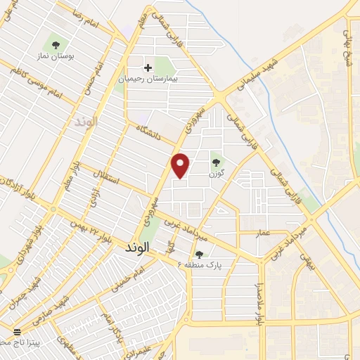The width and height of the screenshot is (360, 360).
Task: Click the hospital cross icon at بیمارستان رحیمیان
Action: pyautogui.click(x=148, y=67)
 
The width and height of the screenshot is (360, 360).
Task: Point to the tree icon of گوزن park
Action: pyautogui.click(x=216, y=162)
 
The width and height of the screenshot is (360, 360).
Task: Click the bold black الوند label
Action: pyautogui.click(x=137, y=250)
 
